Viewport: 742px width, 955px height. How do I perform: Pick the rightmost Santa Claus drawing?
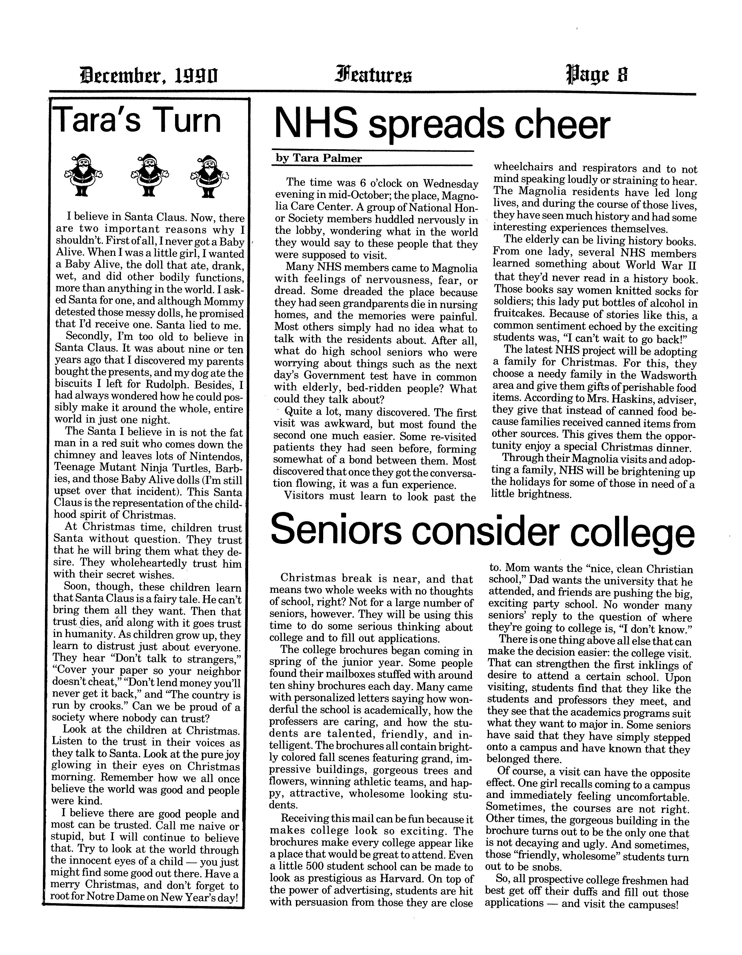(209, 175)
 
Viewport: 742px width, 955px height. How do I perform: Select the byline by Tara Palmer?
(319, 158)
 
